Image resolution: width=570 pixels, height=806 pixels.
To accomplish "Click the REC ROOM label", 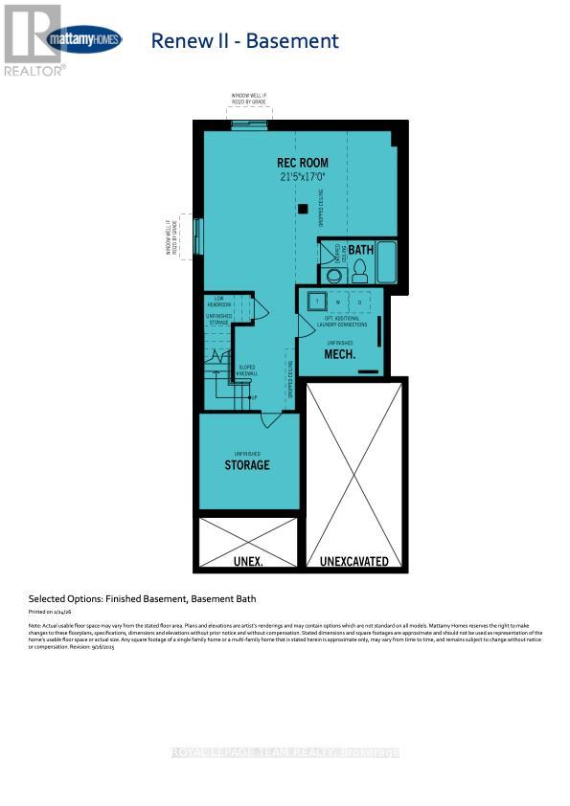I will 302,163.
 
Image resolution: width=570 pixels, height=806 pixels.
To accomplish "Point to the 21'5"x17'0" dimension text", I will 302,177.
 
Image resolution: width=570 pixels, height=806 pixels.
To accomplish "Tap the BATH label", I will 360,250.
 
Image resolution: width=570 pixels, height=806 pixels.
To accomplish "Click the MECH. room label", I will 340,354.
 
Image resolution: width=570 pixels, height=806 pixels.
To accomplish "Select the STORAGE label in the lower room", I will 247,465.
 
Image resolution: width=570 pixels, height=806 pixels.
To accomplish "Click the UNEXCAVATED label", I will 354,561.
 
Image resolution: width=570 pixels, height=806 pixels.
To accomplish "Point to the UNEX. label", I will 248,561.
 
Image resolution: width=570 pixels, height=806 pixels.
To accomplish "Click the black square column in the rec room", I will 303,209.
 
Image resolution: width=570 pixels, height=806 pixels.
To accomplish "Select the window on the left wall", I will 198,235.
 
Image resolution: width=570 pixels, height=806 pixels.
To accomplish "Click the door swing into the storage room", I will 271,419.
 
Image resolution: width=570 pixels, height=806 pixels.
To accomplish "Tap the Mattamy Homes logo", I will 83,40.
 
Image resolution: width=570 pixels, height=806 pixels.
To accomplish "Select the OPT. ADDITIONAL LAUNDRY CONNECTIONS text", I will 340,322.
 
